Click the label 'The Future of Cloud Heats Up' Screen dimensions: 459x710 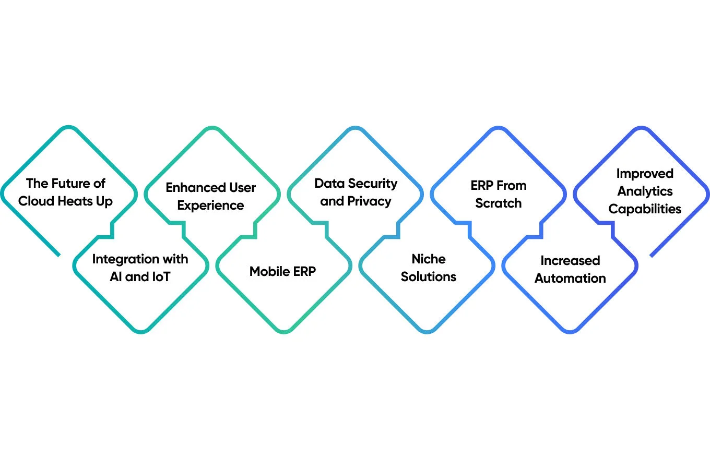tap(66, 192)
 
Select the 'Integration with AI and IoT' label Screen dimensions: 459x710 tap(140, 268)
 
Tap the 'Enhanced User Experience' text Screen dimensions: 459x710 tap(210, 196)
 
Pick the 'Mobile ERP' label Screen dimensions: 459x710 tap(282, 271)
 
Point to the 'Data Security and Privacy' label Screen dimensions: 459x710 tap(356, 192)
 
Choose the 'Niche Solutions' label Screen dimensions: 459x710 tap(429, 268)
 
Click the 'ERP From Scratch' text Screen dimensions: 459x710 tap(499, 194)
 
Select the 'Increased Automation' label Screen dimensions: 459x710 tap(570, 269)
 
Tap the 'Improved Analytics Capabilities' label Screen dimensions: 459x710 tap(645, 191)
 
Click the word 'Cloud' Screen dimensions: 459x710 tap(38, 201)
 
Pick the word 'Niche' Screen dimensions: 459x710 tap(429, 259)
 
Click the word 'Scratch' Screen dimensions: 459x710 tap(499, 203)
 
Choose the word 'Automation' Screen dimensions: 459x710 tap(570, 278)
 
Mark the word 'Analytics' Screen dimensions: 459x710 tap(645, 191)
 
